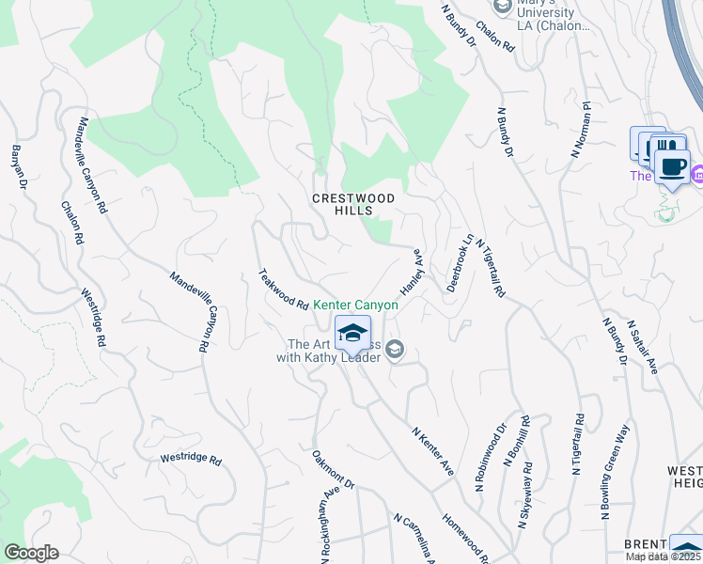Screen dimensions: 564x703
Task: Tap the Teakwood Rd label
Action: [x=284, y=290]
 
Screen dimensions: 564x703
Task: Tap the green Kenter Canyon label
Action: [x=356, y=305]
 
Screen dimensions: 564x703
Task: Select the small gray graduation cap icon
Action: [x=395, y=350]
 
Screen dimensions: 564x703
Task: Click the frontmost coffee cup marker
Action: [x=671, y=166]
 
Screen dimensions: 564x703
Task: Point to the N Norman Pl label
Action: [x=579, y=130]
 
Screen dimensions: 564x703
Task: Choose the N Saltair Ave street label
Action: [x=644, y=347]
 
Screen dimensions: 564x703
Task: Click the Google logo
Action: [x=31, y=553]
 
